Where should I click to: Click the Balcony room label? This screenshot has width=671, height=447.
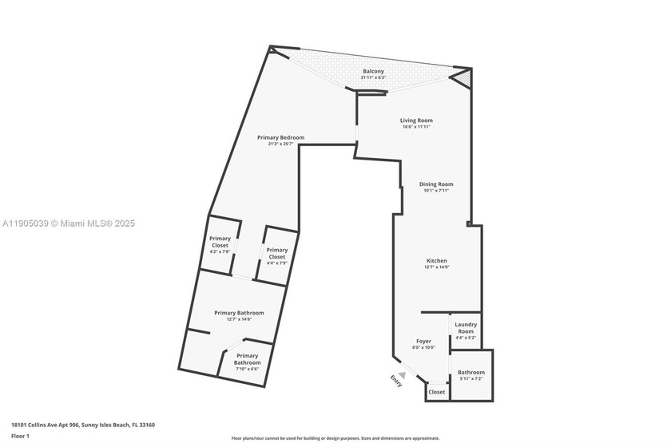point(373,71)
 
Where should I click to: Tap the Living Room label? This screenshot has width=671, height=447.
point(416,121)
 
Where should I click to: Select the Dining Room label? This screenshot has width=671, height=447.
point(436,184)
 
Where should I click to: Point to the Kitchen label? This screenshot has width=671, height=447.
point(436,261)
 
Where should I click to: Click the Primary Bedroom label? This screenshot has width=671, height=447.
point(280,137)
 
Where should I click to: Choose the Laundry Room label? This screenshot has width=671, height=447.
point(465,327)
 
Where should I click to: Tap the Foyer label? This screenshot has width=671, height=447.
point(423,342)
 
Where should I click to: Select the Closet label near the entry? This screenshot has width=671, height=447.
point(437,392)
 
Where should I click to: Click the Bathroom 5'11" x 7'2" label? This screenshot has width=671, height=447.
point(470,372)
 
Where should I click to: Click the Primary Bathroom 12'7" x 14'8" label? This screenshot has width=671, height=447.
point(239,313)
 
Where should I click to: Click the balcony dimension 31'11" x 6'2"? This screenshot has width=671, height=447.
point(373,77)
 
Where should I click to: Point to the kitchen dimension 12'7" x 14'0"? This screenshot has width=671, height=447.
point(436,267)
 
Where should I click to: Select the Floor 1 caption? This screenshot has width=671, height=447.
point(20,437)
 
